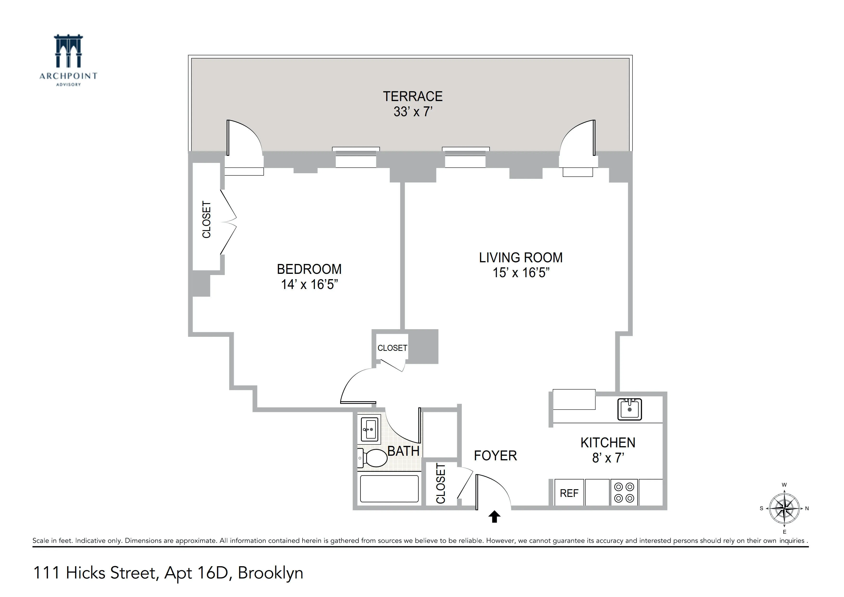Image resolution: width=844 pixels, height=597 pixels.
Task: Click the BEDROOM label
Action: pos(309,269)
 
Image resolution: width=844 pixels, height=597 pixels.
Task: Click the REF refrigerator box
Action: pos(569,493)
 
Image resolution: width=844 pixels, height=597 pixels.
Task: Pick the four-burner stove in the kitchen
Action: pos(624,493)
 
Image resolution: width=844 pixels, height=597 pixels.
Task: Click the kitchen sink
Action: pos(629,409)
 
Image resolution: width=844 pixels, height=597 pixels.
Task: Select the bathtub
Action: pos(389,489)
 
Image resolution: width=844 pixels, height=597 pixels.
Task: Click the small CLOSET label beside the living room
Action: pos(392,348)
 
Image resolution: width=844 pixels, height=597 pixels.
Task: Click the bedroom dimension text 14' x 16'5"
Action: pos(309,284)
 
